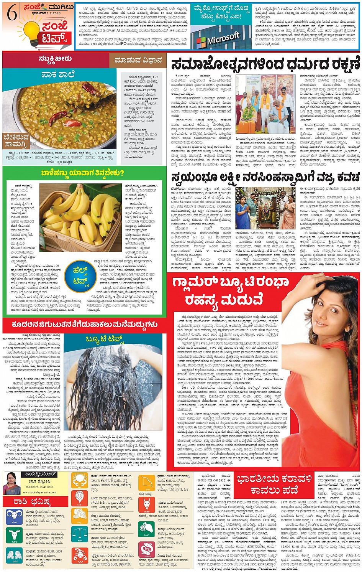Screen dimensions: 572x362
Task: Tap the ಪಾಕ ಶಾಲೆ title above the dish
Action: coord(58,74)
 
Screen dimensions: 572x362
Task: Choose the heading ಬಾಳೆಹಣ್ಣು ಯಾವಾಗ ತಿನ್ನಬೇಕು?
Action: coord(82,173)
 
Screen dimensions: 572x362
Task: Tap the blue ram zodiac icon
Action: coord(13,516)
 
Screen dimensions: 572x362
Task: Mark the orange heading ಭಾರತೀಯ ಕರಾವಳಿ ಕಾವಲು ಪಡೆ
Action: coord(274,484)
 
